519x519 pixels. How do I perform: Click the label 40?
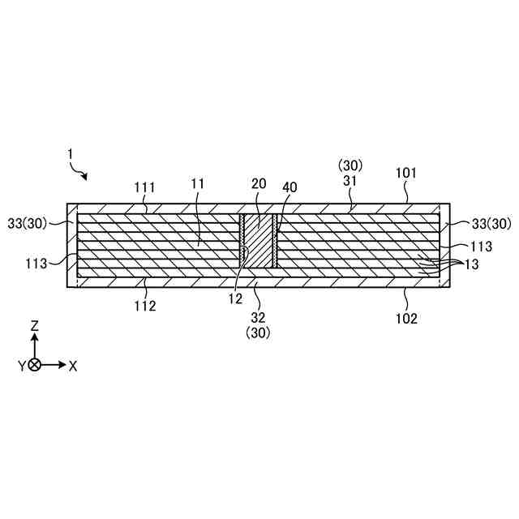[x=289, y=187]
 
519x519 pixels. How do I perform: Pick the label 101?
[x=406, y=173]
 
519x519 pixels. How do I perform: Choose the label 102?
[x=406, y=319]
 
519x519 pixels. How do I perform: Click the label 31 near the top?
[x=351, y=182]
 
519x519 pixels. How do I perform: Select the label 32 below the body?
[x=259, y=317]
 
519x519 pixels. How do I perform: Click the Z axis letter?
[x=34, y=325]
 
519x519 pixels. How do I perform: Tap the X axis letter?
[x=73, y=366]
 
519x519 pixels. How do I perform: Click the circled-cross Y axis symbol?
[x=34, y=365]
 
